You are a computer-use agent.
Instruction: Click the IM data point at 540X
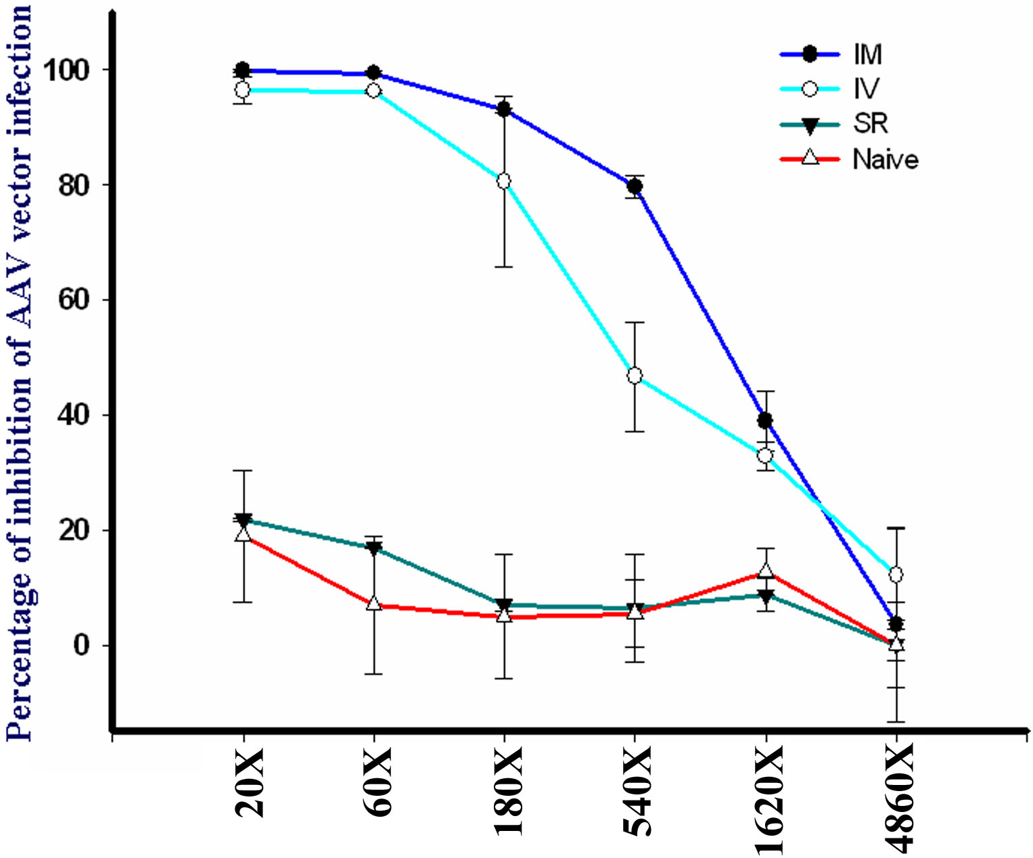click(635, 186)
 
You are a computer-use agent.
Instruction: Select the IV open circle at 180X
click(504, 181)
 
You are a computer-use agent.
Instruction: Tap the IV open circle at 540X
click(635, 376)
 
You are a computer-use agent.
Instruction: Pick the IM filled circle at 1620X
click(765, 421)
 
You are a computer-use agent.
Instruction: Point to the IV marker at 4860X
click(896, 575)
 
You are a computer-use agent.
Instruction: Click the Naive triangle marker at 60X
click(373, 603)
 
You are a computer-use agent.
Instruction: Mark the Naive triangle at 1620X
click(765, 570)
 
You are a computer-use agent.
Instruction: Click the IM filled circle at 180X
click(504, 109)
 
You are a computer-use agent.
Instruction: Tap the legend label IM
click(868, 55)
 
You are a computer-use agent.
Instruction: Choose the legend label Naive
click(886, 160)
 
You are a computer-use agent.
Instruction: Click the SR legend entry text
click(871, 124)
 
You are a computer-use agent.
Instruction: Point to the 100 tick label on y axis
click(66, 70)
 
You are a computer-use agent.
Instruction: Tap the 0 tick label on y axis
click(81, 646)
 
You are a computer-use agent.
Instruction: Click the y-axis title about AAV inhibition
click(20, 372)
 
